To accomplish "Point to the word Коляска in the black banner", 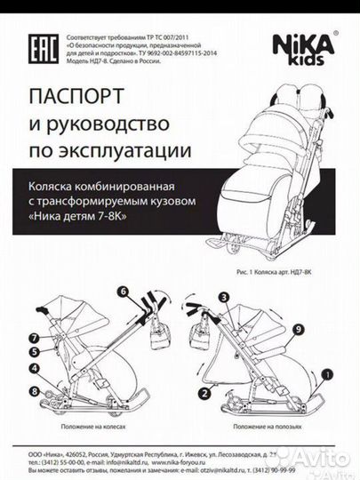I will (x=66, y=187).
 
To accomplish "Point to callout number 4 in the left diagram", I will (x=33, y=369).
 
